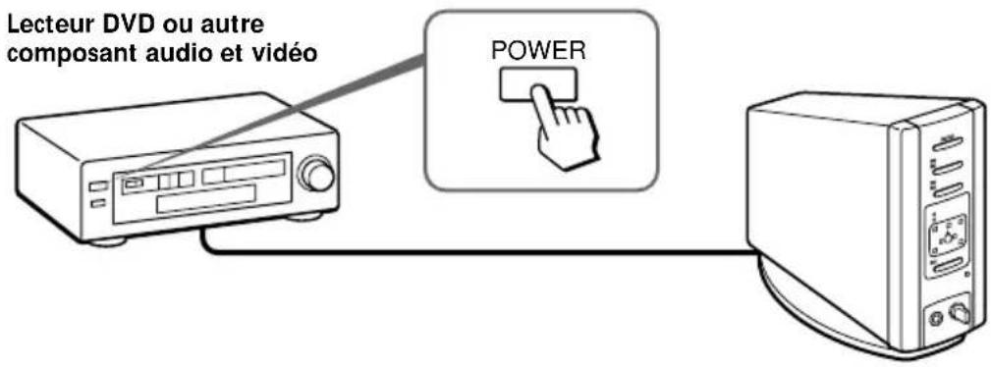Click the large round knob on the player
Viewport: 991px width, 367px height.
(x=317, y=176)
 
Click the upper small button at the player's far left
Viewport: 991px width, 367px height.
(x=94, y=185)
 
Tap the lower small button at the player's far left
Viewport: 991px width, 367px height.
(x=95, y=203)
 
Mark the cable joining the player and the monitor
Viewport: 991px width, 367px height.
(x=471, y=252)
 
